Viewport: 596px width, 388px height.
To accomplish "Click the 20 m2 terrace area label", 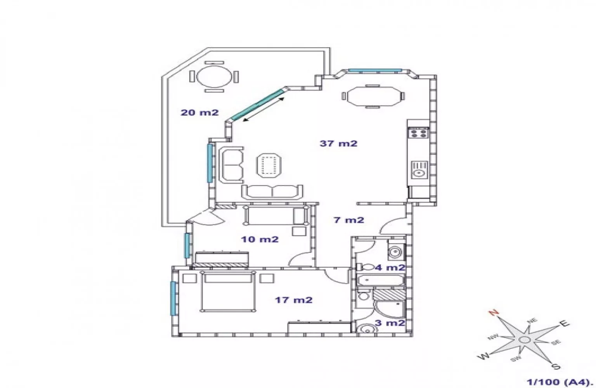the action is [x=199, y=113].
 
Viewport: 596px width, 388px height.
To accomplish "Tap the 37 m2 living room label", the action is [x=338, y=144].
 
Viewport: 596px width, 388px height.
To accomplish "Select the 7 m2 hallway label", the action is [x=349, y=220].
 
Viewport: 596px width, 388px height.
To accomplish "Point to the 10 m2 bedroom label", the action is [x=260, y=239].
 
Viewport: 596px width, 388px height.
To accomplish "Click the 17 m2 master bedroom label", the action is [x=293, y=300].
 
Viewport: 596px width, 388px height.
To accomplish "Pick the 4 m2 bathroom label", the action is [x=390, y=267].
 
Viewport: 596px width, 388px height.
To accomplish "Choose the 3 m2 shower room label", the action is [x=390, y=323].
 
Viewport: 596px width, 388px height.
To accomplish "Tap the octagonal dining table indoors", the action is [x=374, y=96].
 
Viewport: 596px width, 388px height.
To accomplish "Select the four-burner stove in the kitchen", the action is [x=418, y=133].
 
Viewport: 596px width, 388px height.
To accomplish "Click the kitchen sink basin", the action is [x=419, y=170].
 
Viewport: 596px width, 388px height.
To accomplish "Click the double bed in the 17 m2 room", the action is [x=228, y=292].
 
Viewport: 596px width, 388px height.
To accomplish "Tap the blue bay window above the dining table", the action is [x=375, y=70].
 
